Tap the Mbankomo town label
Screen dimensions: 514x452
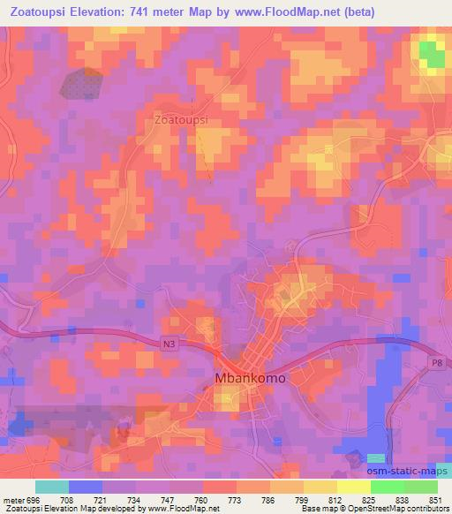pyautogui.click(x=251, y=377)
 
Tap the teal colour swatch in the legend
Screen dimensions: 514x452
pyautogui.click(x=51, y=488)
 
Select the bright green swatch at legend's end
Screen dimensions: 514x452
pyautogui.click(x=421, y=488)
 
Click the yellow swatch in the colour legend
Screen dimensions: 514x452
pyautogui.click(x=353, y=488)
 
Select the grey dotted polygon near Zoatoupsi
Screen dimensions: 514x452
pyautogui.click(x=83, y=84)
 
